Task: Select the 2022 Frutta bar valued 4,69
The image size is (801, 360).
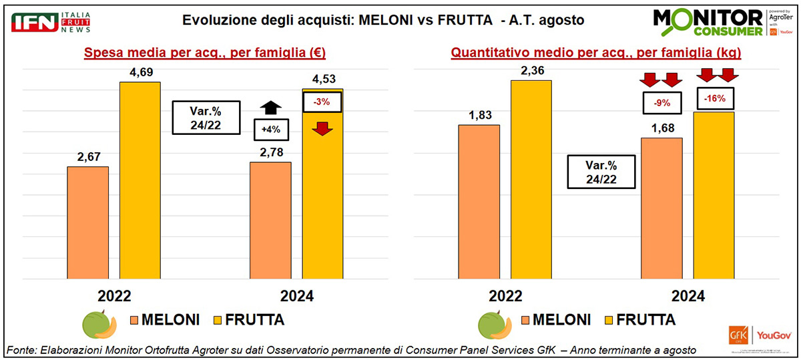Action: pyautogui.click(x=140, y=180)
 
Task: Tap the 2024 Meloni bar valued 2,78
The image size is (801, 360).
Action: pyautogui.click(x=270, y=220)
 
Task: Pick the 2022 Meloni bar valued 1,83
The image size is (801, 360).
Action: pyautogui.click(x=479, y=201)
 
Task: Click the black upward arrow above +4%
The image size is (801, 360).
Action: pyautogui.click(x=270, y=107)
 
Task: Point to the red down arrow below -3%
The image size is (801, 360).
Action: pyautogui.click(x=322, y=127)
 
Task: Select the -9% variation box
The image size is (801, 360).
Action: pyautogui.click(x=661, y=104)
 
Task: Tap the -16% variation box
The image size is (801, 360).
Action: pyautogui.click(x=714, y=98)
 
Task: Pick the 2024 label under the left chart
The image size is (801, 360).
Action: pyautogui.click(x=296, y=296)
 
